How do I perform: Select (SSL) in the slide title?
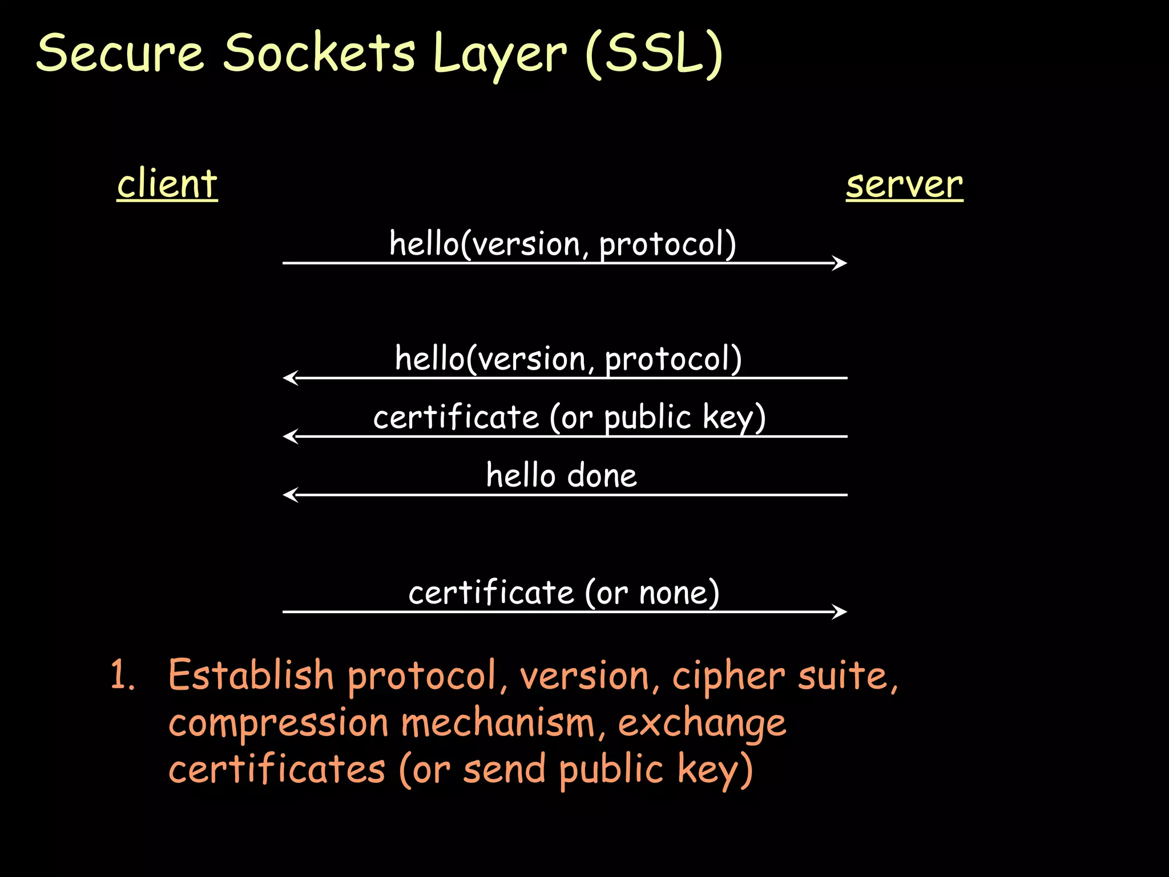[654, 54]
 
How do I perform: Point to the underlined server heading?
[904, 185]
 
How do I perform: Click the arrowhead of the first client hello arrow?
[840, 263]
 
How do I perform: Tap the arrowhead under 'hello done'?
[290, 494]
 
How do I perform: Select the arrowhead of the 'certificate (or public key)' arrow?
[290, 436]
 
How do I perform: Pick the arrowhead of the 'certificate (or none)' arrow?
[840, 612]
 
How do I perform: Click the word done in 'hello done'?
[602, 475]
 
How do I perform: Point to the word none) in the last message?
[679, 593]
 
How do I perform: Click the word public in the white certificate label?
[647, 417]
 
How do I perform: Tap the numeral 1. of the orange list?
[122, 675]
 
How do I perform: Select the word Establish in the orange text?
[251, 675]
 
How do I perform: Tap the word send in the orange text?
[505, 769]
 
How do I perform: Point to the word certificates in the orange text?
[277, 769]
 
